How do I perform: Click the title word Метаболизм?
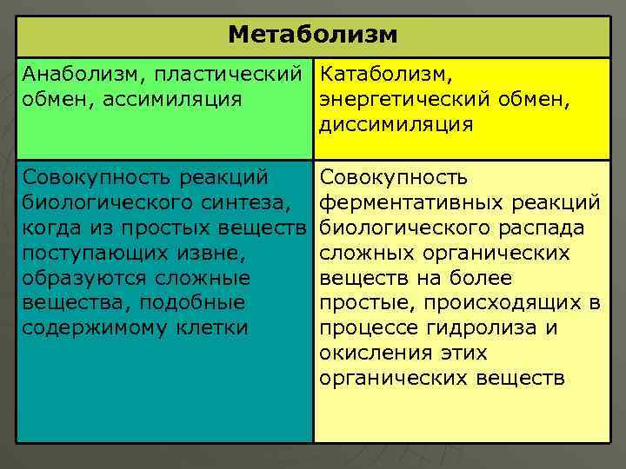click(313, 35)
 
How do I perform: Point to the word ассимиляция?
click(172, 100)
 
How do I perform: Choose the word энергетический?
click(406, 100)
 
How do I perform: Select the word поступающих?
click(86, 254)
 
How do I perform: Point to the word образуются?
click(78, 279)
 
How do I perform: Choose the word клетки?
click(211, 329)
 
